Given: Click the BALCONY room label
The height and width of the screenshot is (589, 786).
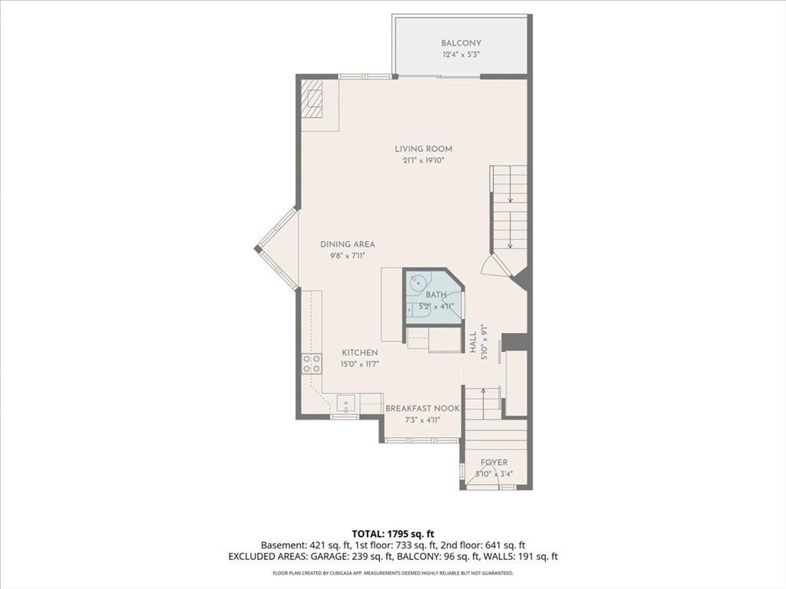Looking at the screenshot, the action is [x=461, y=43].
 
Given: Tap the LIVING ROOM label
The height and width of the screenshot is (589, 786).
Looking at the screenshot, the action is [x=424, y=149].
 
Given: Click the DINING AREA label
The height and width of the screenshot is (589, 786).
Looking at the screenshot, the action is [x=348, y=245].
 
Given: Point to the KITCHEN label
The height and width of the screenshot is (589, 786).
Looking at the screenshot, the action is [x=360, y=353].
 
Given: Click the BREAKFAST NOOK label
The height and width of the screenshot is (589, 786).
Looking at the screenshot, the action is [x=423, y=409].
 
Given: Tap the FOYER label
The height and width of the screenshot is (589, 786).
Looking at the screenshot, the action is [x=494, y=462].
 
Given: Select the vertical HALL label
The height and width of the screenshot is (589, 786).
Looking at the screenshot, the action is [x=473, y=343].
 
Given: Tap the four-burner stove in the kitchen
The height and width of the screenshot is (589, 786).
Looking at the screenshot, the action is [x=312, y=364].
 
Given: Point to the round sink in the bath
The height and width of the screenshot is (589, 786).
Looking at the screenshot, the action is [x=417, y=284].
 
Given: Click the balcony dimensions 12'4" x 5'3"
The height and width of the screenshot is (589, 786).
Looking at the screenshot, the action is [x=461, y=55].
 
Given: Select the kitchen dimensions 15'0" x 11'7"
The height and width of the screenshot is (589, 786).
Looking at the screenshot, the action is [x=360, y=364].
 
